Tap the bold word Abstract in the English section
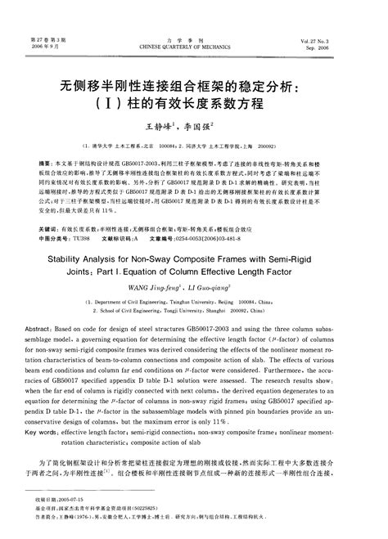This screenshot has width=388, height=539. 52,325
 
